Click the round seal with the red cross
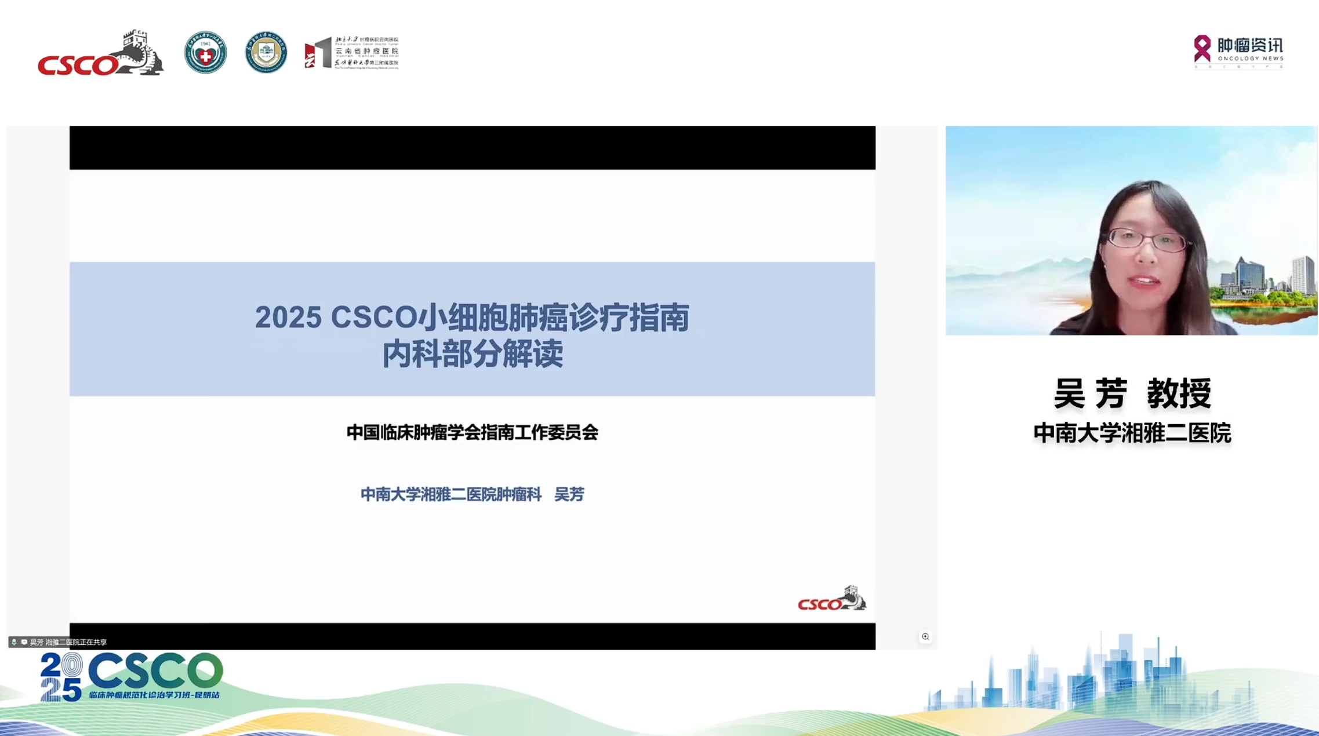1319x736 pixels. [x=205, y=53]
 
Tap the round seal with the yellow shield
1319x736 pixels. [x=266, y=53]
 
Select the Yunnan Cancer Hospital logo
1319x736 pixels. [x=352, y=53]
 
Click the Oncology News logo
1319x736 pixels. [x=1238, y=51]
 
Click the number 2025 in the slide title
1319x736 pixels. [x=288, y=318]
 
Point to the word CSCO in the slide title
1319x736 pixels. [x=373, y=318]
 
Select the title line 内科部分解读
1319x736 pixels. [x=473, y=354]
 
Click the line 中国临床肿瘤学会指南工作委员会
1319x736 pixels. [x=472, y=432]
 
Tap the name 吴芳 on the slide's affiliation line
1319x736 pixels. [x=569, y=494]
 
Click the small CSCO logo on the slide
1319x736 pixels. [x=831, y=599]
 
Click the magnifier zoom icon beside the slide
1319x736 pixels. [x=925, y=637]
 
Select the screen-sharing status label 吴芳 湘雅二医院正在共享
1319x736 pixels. [x=68, y=642]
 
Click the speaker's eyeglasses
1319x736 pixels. [x=1146, y=239]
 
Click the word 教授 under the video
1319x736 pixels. [x=1179, y=393]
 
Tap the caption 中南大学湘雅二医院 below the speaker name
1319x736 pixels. [x=1132, y=433]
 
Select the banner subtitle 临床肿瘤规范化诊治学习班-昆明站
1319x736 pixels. [x=154, y=695]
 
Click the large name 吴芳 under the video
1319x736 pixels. [x=1090, y=393]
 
